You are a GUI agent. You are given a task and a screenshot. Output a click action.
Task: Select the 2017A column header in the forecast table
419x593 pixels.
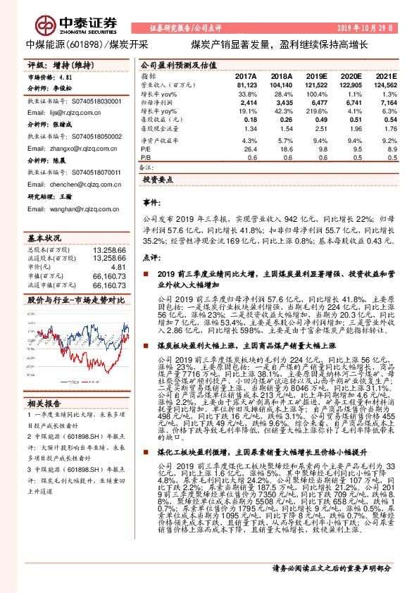tap(245, 75)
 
